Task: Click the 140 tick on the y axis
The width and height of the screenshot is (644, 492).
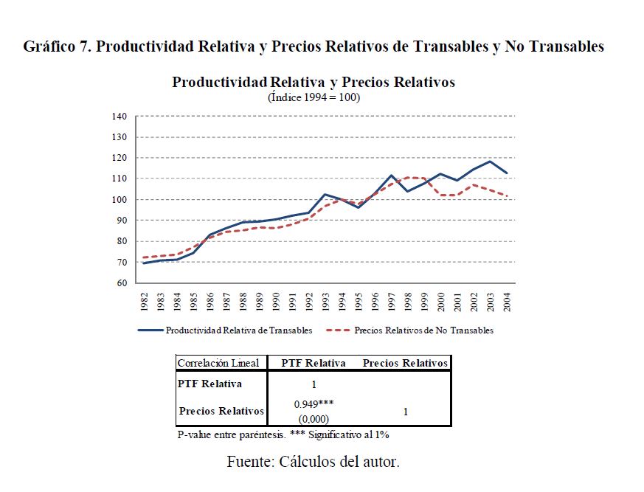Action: [120, 117]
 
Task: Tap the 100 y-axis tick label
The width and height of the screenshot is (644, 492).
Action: [120, 200]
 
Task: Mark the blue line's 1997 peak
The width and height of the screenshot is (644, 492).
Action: [392, 176]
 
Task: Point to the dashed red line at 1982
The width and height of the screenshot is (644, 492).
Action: [143, 257]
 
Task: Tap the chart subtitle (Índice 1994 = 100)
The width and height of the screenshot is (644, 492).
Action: [314, 97]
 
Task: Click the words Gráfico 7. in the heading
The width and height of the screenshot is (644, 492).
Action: [57, 46]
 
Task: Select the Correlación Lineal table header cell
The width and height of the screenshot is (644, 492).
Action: [218, 363]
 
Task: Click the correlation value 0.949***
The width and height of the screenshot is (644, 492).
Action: [314, 404]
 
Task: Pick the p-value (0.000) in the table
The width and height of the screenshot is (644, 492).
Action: [314, 417]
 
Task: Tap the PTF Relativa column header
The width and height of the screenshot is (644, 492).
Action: [314, 363]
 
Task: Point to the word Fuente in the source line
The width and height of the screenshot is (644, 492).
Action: [249, 462]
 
